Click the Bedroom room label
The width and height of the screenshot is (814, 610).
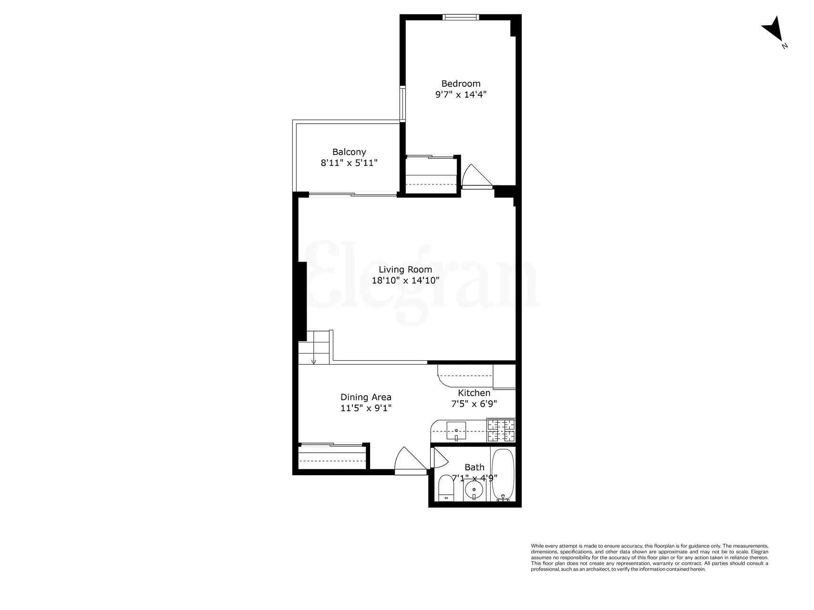click(461, 83)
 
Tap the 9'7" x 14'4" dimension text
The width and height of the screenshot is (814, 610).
click(461, 94)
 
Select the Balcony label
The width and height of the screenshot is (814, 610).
click(349, 152)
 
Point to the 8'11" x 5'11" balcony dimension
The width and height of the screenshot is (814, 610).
click(349, 163)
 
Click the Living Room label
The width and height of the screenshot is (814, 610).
click(405, 269)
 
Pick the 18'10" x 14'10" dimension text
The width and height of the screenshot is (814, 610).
click(405, 280)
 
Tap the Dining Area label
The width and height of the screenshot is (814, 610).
click(366, 397)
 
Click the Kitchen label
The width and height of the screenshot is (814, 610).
click(474, 393)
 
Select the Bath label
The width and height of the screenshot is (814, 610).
click(474, 468)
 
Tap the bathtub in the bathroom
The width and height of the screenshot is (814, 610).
click(503, 474)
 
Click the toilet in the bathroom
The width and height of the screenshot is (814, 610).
click(446, 488)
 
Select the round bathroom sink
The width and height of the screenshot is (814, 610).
click(474, 489)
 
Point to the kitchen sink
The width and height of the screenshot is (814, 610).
click(456, 430)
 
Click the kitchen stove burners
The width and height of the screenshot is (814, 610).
click(501, 430)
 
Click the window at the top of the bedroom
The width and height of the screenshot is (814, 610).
click(460, 18)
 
